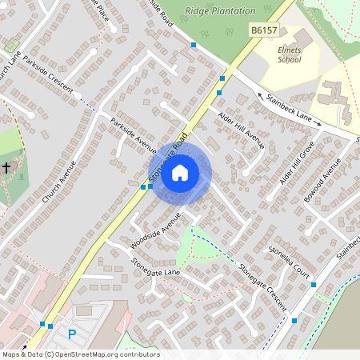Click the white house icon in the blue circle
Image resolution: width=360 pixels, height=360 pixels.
click(180, 172)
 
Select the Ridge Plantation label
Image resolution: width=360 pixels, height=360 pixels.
click(220, 11)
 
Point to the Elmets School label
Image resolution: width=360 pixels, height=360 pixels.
click(290, 54)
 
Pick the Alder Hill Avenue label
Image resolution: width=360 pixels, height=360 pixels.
click(241, 129)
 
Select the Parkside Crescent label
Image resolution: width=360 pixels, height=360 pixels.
click(52, 77)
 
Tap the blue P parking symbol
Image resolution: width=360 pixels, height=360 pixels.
click(72, 334)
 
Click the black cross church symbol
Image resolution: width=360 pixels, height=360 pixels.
click(6, 168)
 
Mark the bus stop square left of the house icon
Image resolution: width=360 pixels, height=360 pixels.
click(143, 187)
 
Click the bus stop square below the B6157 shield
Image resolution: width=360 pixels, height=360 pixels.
click(222, 78)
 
